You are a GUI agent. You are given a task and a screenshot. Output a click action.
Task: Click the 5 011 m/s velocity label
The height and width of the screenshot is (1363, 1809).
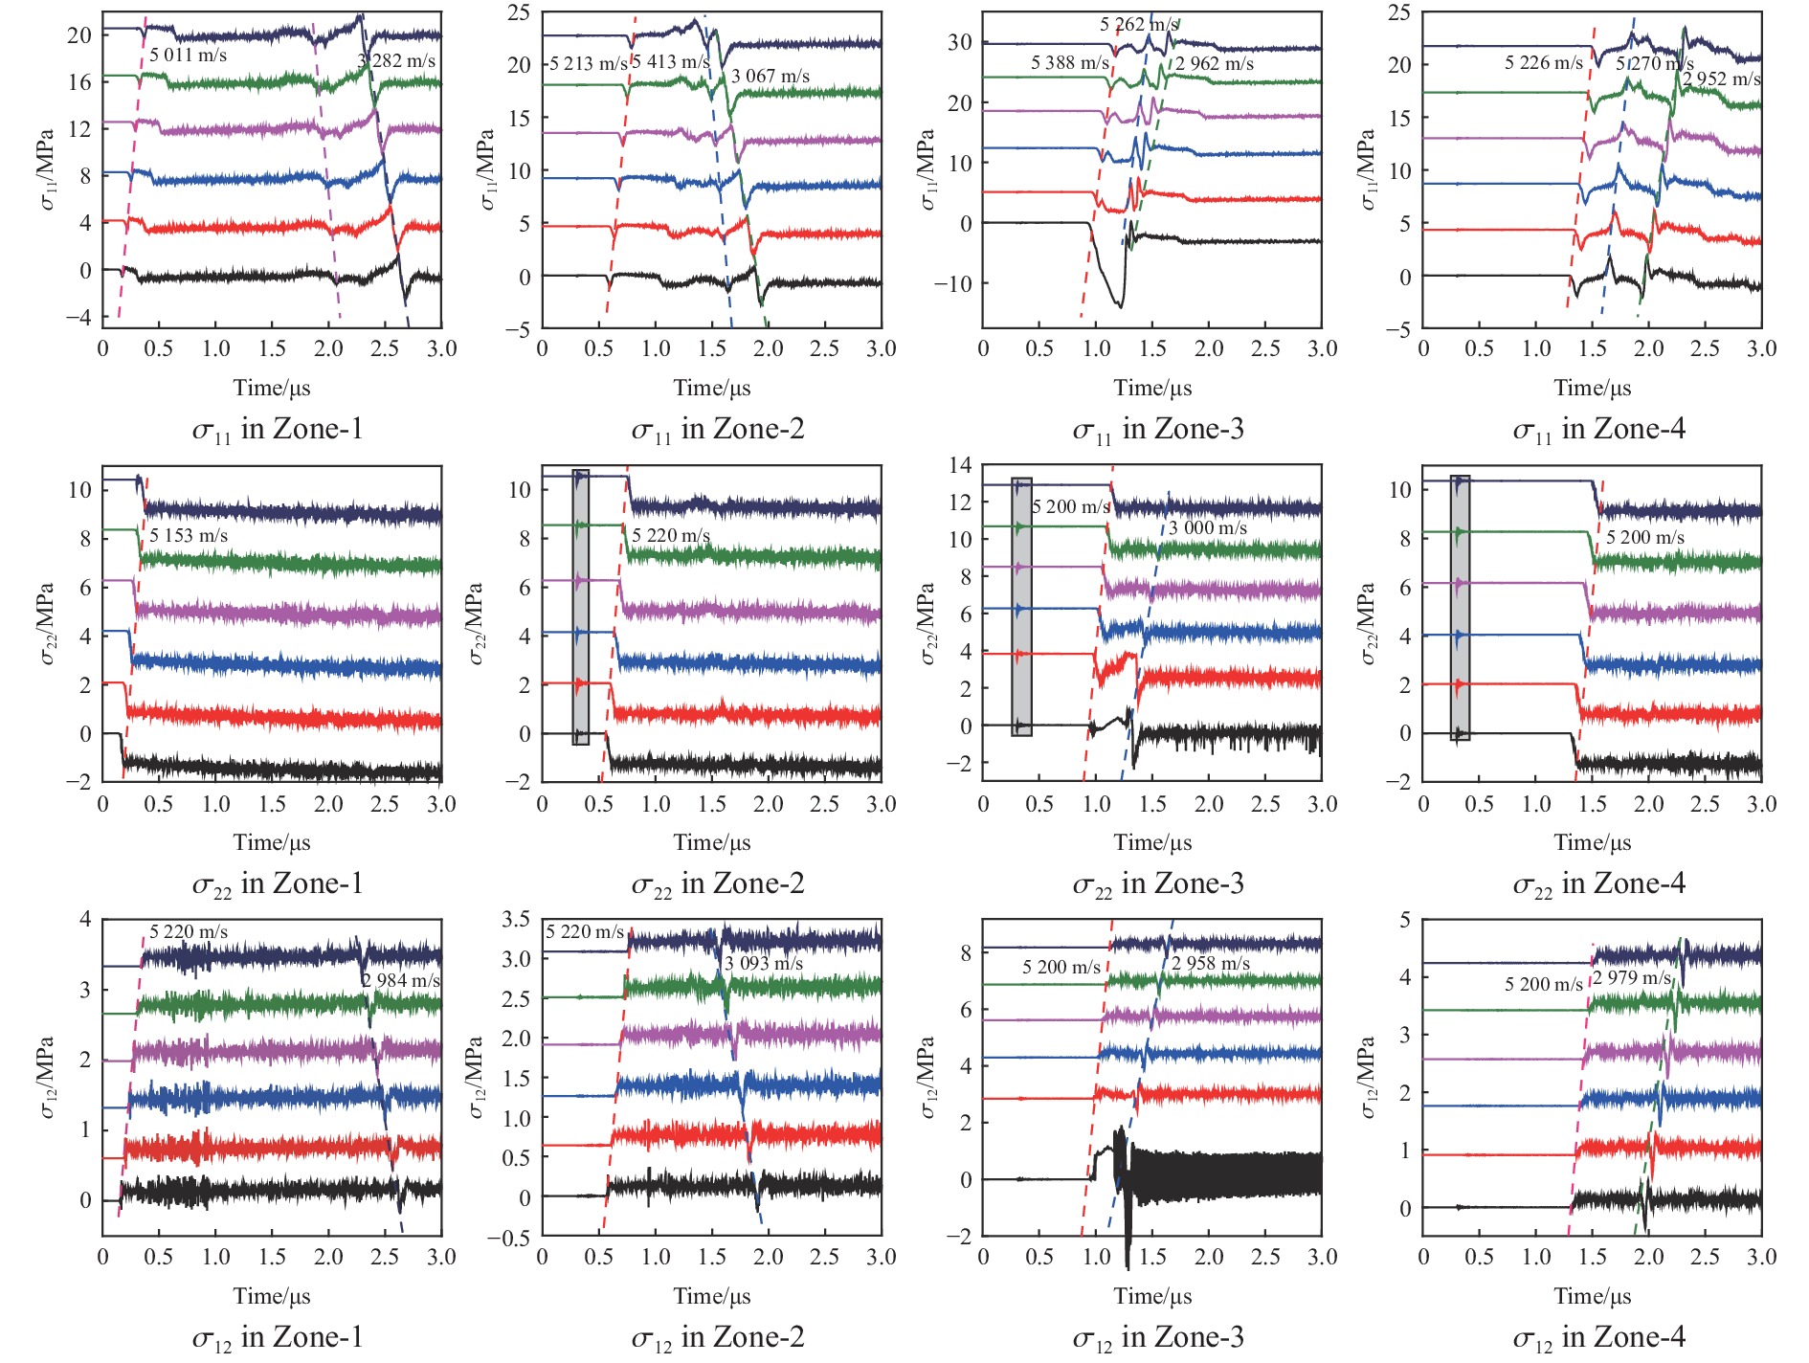pos(188,56)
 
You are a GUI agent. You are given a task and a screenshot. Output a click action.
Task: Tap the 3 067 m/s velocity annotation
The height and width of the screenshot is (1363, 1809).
pos(770,77)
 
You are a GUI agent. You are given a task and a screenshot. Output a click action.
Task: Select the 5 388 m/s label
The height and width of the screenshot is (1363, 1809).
pos(1069,63)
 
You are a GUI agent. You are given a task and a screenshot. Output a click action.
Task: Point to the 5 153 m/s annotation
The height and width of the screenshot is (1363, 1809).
pos(189,536)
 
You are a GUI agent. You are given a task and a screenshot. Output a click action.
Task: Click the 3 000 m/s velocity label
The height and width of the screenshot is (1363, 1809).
pos(1208,528)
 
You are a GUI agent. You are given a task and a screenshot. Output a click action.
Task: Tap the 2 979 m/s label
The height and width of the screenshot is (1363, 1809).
pos(1631,978)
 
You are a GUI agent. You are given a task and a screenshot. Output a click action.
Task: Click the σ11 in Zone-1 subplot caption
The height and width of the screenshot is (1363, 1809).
pos(278,430)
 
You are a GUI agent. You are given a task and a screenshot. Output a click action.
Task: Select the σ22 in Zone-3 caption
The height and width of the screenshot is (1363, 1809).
pos(1158,883)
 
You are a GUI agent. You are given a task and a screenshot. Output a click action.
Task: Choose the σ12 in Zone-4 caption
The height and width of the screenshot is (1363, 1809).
pos(1598,1337)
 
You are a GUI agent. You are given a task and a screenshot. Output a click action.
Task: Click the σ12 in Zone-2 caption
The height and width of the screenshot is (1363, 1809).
pos(718,1337)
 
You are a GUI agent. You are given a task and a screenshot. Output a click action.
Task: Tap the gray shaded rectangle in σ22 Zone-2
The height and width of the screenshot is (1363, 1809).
pos(580,607)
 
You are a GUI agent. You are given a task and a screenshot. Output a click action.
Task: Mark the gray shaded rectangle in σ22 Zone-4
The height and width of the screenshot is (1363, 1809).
pos(1460,608)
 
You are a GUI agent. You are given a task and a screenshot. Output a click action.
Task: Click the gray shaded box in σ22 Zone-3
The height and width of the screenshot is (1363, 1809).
pos(1021,607)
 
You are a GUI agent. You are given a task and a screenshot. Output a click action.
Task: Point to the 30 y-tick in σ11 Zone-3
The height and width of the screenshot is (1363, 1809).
pos(959,42)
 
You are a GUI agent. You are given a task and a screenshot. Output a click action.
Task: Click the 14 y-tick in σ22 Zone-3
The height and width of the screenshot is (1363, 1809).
pos(959,465)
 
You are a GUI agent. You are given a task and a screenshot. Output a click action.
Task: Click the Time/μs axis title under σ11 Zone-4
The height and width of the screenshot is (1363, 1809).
pos(1593,388)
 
